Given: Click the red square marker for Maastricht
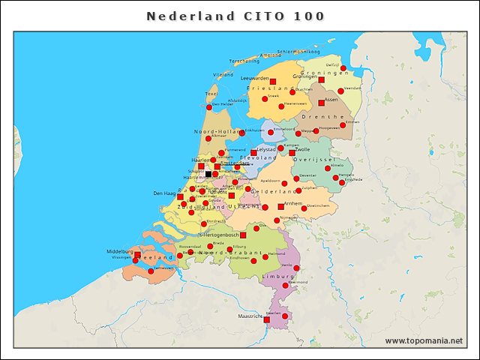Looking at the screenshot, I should click(x=266, y=319).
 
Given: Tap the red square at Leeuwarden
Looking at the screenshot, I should click(x=273, y=82).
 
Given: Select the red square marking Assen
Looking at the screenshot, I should click(x=321, y=103).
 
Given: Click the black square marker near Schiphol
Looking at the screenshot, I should click(x=208, y=174).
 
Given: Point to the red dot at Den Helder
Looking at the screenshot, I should click(x=205, y=107).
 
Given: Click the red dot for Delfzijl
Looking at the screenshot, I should click(x=343, y=68).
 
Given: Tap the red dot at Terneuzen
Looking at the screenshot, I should click(x=151, y=271).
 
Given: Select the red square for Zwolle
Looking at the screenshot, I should click(x=292, y=153).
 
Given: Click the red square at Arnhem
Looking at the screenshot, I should click(x=281, y=206).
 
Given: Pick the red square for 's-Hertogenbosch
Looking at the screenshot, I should click(x=243, y=235).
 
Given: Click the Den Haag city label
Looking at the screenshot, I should click(x=164, y=193).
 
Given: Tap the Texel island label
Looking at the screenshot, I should click(x=211, y=94).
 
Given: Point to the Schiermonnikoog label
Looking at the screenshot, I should click(x=298, y=51).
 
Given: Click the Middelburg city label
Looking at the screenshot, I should click(x=119, y=251).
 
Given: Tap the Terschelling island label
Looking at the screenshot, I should click(x=244, y=61).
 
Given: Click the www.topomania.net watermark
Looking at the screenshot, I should click(x=424, y=340).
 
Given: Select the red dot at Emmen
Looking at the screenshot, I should click(x=343, y=125).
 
